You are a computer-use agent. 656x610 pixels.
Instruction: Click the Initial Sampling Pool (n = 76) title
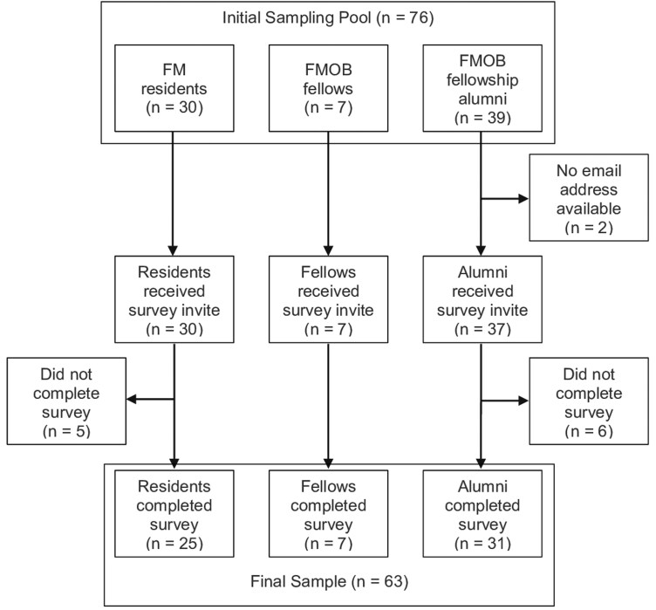pos(328,17)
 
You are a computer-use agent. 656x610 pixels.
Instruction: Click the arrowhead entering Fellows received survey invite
pos(328,248)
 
